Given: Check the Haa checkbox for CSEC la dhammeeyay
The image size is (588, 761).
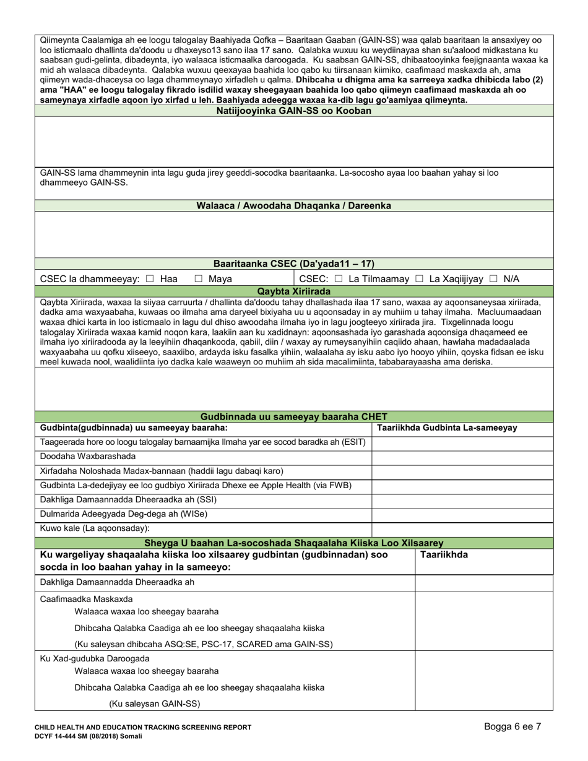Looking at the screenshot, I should click(x=150, y=279).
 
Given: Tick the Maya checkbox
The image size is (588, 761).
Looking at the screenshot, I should click(x=199, y=279).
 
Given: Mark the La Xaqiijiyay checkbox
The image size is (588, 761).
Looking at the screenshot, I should click(x=419, y=279).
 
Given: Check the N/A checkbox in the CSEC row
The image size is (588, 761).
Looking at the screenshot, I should click(x=493, y=279).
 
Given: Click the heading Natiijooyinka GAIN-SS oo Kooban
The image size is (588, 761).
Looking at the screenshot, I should click(x=293, y=111).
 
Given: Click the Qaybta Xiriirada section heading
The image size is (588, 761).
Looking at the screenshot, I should click(x=293, y=291).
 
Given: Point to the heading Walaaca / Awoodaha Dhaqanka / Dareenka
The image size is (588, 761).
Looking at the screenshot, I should click(x=293, y=205).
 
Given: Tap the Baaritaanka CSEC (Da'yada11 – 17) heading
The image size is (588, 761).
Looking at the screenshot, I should click(x=293, y=263).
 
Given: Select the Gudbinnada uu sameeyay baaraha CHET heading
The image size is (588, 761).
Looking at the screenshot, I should click(x=293, y=416).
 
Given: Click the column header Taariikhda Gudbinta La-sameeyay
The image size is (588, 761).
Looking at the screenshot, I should click(x=447, y=428).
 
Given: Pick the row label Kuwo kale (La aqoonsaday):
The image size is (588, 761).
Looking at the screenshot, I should click(x=95, y=528).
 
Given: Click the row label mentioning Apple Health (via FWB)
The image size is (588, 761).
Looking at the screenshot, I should click(x=196, y=485).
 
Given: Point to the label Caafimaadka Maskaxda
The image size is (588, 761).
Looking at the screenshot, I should click(x=86, y=599).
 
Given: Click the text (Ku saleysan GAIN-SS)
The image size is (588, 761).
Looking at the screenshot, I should click(x=155, y=703).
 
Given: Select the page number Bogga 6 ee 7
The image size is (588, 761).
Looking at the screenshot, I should click(x=512, y=727).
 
